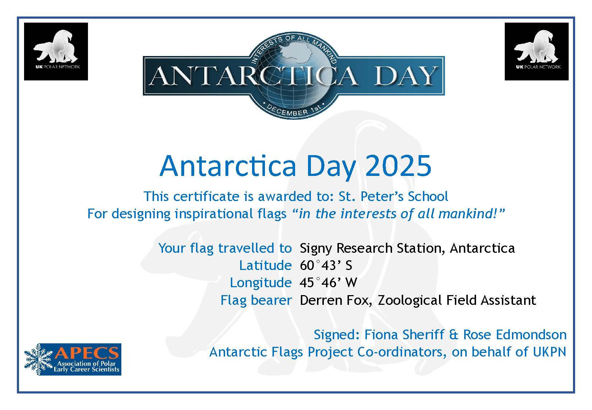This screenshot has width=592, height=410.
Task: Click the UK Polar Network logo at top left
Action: (x=56, y=51)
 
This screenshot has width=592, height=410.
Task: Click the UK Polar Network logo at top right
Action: (x=536, y=51)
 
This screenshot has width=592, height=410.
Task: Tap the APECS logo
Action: (x=73, y=359)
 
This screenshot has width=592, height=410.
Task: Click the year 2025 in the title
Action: (x=398, y=166)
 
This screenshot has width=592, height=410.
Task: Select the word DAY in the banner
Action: (x=405, y=76)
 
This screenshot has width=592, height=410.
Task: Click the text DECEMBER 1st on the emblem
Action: (x=293, y=110)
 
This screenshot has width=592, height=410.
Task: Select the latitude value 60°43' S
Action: (x=326, y=265)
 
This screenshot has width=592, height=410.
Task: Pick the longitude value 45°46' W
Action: (x=328, y=283)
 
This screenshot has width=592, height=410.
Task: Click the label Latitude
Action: (x=265, y=265)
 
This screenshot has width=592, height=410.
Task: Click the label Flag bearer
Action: (x=256, y=300)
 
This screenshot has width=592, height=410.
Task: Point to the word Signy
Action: (x=316, y=249)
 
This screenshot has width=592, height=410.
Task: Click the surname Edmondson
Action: (x=531, y=335)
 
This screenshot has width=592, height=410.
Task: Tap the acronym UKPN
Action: (x=549, y=352)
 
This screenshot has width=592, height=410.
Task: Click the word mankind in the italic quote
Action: (x=467, y=214)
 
